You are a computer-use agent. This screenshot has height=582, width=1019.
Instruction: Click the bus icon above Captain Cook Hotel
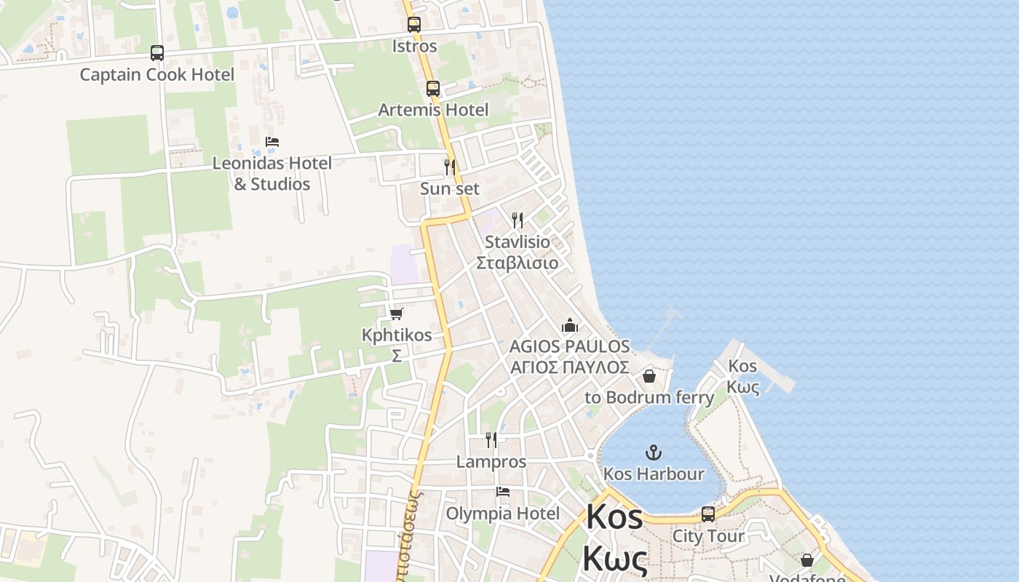(x=157, y=53)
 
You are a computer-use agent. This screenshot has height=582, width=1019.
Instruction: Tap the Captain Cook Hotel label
(x=157, y=75)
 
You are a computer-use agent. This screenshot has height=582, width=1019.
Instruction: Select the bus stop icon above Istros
(x=414, y=25)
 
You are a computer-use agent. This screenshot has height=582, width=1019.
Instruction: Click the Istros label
(x=415, y=47)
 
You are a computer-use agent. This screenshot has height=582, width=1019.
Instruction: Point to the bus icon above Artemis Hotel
(x=433, y=89)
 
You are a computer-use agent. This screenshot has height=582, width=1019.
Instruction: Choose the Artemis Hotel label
(x=434, y=110)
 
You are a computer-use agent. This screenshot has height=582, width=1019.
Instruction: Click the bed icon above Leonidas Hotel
(x=272, y=142)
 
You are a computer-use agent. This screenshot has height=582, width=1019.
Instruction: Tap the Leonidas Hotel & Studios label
(x=272, y=173)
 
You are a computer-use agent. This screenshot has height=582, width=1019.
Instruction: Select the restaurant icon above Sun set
(x=450, y=167)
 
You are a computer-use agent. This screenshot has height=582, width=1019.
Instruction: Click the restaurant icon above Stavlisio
(x=518, y=220)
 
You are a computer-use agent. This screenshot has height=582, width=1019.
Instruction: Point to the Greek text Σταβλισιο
(x=518, y=263)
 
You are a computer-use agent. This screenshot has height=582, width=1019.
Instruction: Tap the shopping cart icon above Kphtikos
(x=397, y=314)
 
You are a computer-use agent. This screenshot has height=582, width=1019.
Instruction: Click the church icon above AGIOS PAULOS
(x=569, y=325)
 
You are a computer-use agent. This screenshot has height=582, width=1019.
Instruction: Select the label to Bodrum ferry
(x=649, y=398)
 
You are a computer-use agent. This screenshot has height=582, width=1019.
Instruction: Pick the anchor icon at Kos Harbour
(x=654, y=453)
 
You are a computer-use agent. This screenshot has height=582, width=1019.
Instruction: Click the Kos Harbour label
(x=654, y=474)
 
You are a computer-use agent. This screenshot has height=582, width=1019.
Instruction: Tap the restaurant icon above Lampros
(x=491, y=440)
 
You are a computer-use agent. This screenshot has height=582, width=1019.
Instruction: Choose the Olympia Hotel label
(x=503, y=514)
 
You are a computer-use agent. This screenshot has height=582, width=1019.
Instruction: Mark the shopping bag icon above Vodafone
(x=807, y=560)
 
